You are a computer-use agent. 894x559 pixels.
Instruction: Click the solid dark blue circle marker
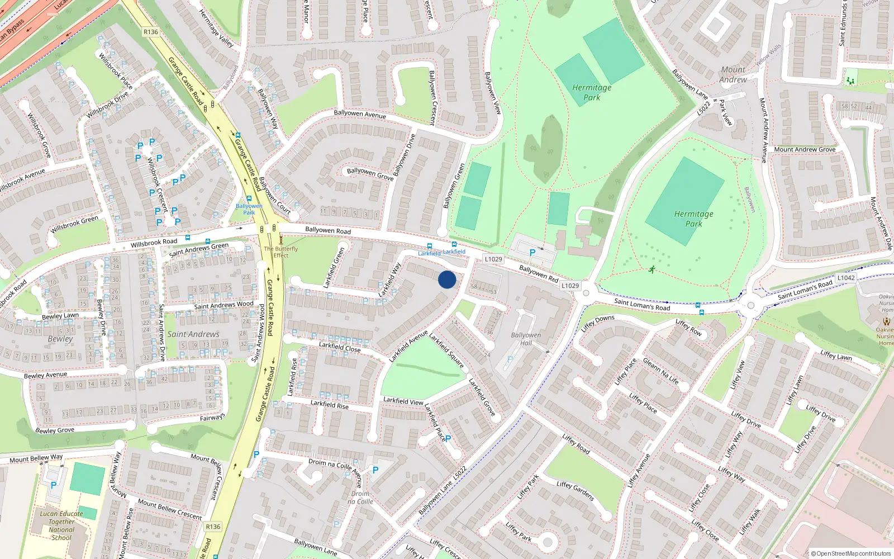pos(446,279)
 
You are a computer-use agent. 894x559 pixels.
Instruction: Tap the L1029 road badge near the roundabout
pos(570,286)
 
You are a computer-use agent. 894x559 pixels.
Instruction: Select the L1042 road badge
pos(845,278)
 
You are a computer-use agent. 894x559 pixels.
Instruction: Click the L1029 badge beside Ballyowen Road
pos(493,259)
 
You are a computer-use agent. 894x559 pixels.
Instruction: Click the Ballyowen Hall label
pos(526,339)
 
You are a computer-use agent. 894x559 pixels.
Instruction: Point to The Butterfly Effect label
pos(280,252)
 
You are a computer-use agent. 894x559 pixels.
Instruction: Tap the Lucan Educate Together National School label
pos(61,525)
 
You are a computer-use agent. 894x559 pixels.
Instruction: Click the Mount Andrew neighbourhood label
pos(733,74)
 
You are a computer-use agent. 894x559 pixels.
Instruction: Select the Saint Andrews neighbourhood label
pos(193,334)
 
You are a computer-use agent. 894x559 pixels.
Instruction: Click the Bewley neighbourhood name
pos(60,339)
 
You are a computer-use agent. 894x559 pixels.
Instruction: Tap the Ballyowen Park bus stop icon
pos(249,198)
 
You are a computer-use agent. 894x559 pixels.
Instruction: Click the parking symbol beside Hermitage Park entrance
pos(532,253)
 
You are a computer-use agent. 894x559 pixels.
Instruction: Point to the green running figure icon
pos(652,270)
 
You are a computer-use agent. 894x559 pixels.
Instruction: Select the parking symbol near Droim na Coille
pos(375,470)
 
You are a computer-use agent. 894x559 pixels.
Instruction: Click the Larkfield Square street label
pos(446,350)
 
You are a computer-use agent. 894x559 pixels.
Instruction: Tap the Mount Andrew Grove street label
pos(805,149)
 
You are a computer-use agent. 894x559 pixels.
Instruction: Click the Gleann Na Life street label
pos(661,371)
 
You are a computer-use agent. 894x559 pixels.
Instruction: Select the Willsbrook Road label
pos(154,243)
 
